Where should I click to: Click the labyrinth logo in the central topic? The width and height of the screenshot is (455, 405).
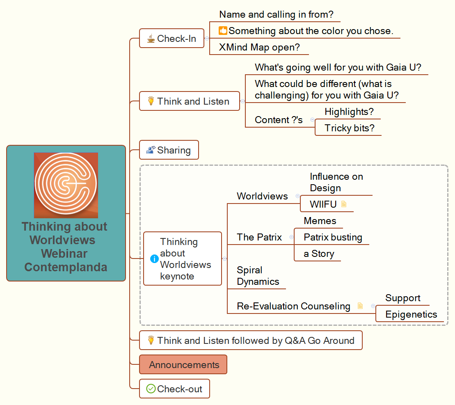[x=66, y=185]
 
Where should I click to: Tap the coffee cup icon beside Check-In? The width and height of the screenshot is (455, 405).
[x=151, y=39]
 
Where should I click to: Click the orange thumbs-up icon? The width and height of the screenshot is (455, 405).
[x=223, y=30]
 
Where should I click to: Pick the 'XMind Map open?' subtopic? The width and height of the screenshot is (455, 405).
[x=259, y=47]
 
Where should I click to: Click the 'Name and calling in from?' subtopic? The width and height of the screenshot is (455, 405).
[x=276, y=14]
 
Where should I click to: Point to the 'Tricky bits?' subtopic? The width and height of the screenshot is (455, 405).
[x=349, y=128]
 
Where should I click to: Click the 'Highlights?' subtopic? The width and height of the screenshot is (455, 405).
[x=349, y=112]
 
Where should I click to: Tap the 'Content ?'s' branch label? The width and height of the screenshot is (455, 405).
[x=279, y=120]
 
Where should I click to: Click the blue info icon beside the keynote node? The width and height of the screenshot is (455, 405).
[x=154, y=259]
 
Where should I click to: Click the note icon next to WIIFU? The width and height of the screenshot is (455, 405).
[x=344, y=204]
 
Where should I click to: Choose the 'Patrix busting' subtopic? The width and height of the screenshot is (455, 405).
[x=333, y=237]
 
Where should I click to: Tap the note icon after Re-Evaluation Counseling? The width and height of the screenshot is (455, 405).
[x=360, y=306]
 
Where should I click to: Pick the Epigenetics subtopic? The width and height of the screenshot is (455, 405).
[x=411, y=314]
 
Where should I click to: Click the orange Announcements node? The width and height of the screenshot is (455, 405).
[x=184, y=365]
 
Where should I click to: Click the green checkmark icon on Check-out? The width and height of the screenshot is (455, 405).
[x=151, y=389]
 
